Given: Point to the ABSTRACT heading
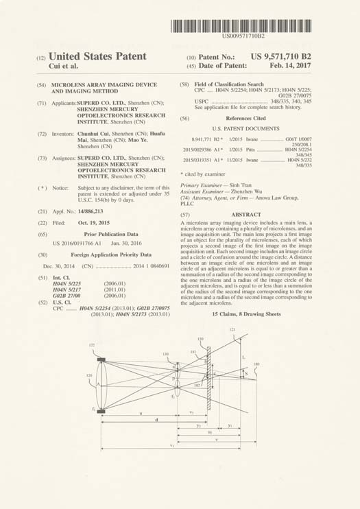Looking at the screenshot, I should click(x=244, y=196).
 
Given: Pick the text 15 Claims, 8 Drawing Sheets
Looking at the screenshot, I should click(x=246, y=313).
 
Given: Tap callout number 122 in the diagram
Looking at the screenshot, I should click(x=91, y=345).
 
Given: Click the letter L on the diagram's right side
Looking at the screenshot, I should click(x=245, y=357).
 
